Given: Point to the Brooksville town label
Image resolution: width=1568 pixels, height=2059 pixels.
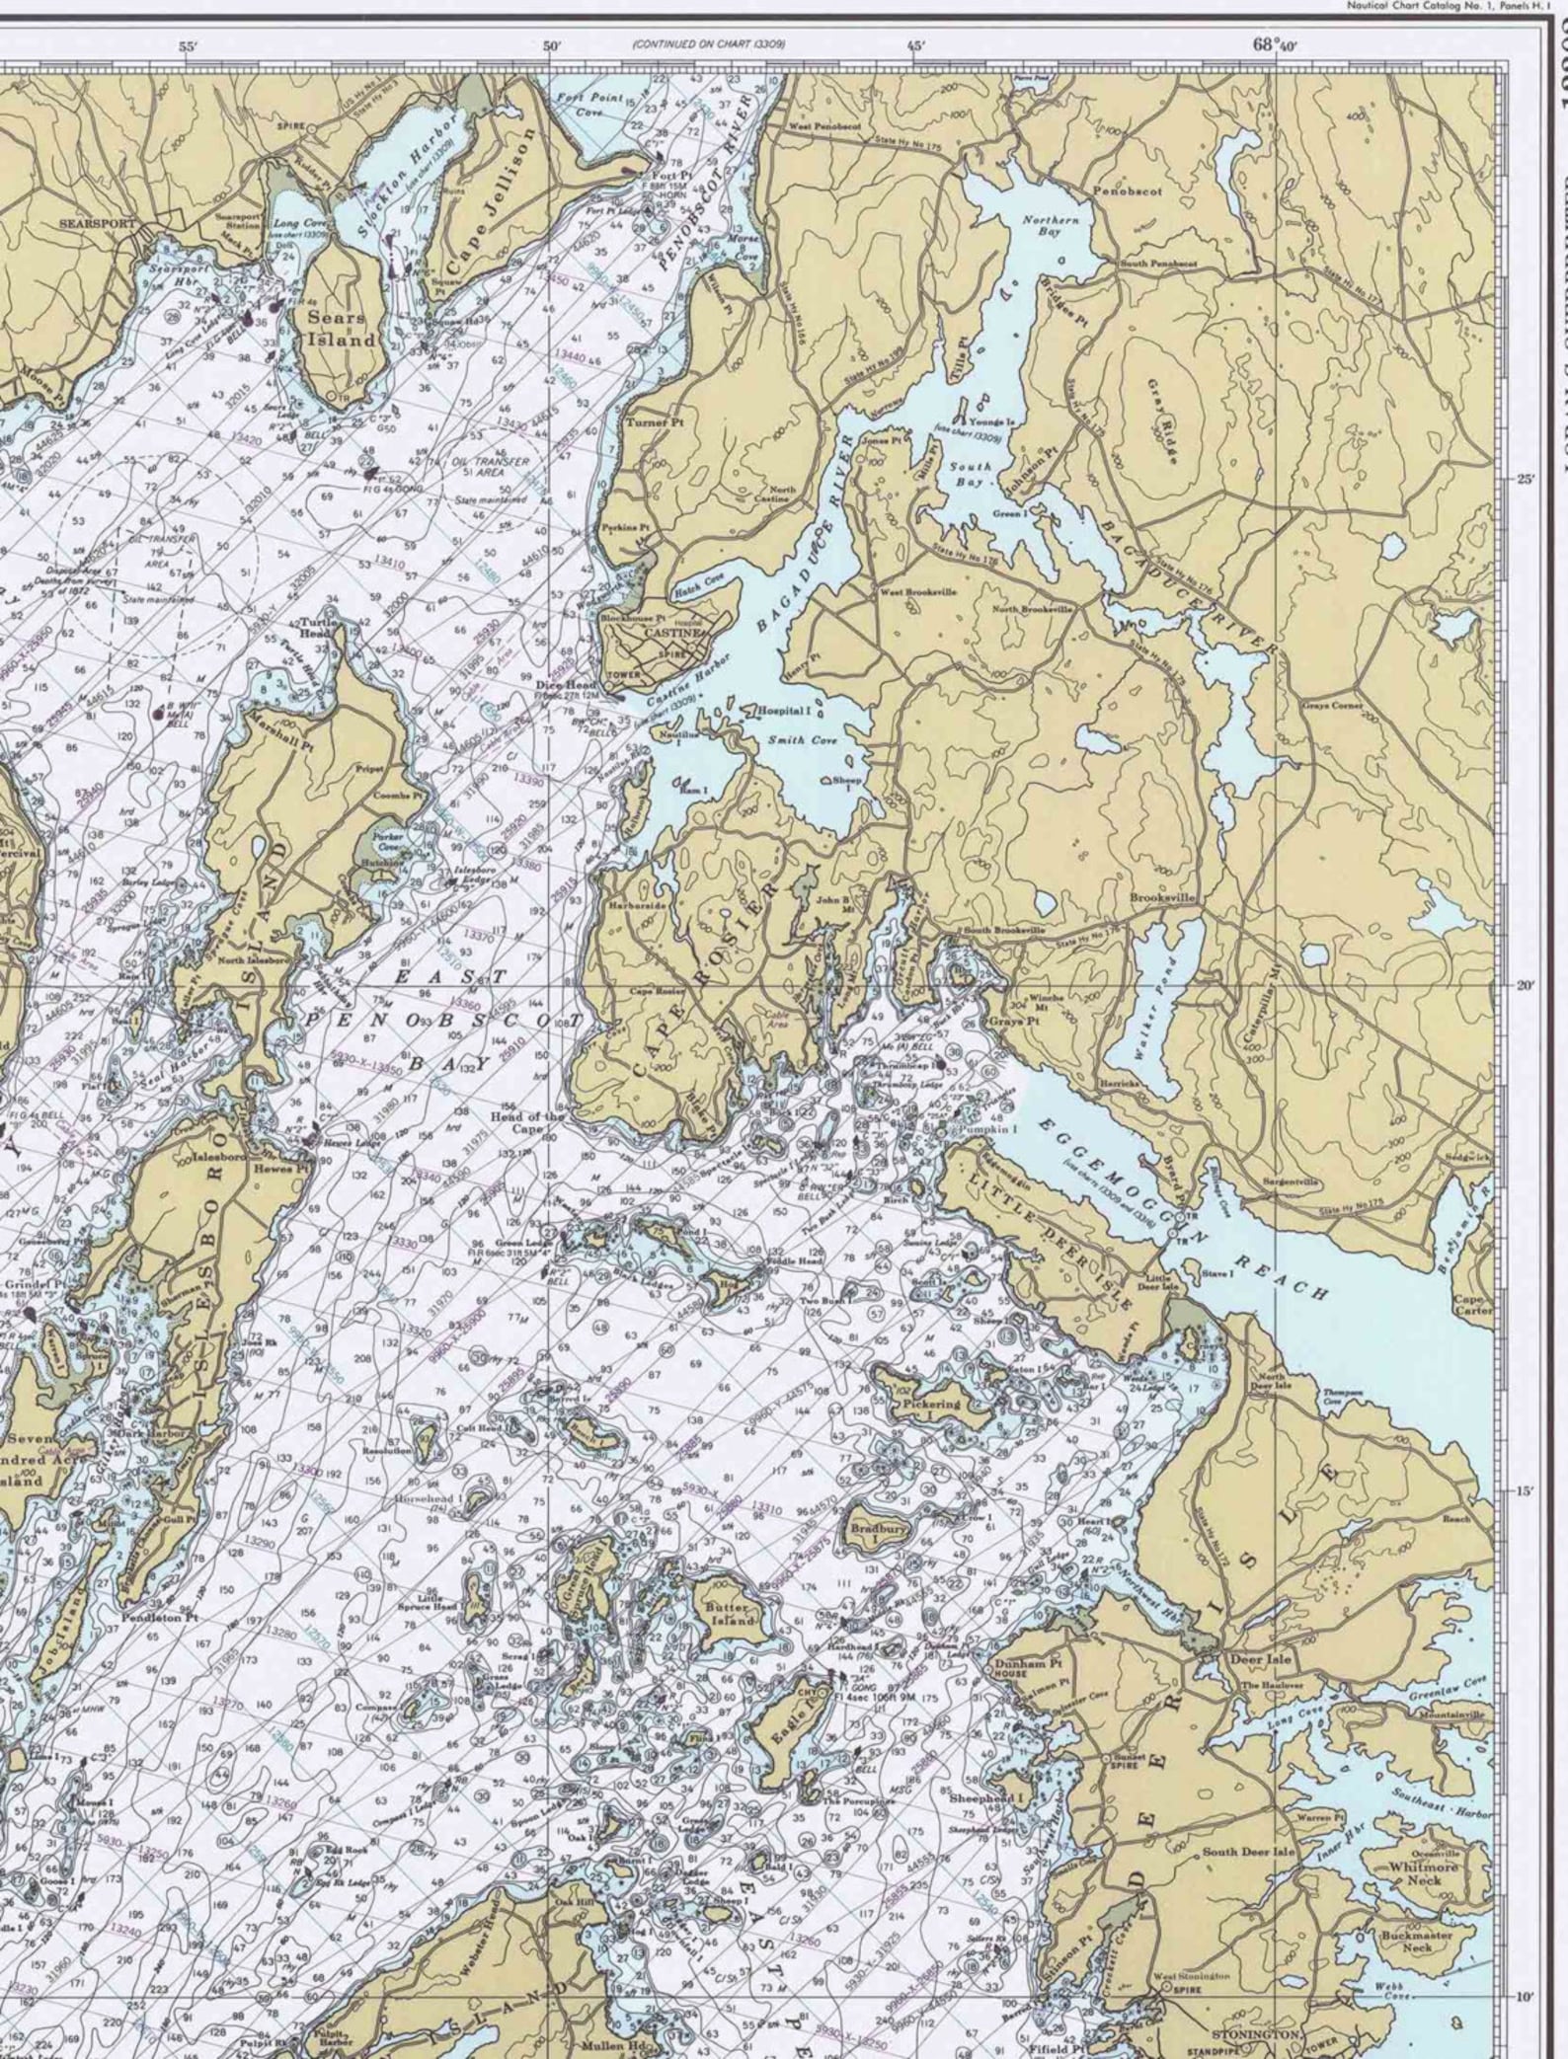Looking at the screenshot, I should pos(1163,898).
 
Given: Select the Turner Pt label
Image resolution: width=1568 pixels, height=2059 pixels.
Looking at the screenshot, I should pos(648,421).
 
